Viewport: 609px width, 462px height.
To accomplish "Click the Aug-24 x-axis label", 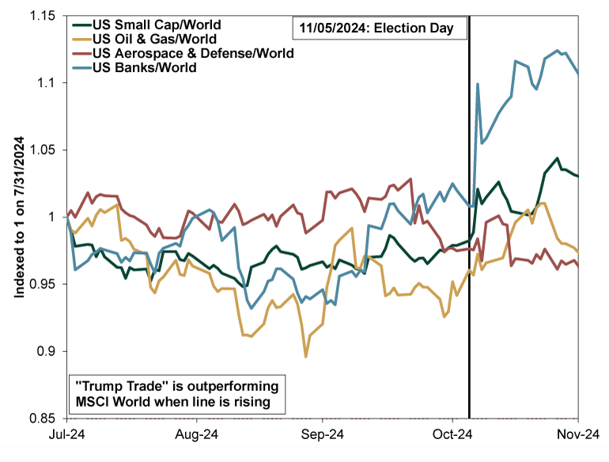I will pyautogui.click(x=195, y=434).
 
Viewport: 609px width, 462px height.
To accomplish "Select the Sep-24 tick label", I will pyautogui.click(x=323, y=434).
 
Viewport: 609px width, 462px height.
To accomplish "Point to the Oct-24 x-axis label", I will pyautogui.click(x=452, y=434).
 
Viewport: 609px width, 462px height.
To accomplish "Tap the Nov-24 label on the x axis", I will pyautogui.click(x=580, y=434).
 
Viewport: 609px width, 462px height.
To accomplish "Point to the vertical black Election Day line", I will pyautogui.click(x=469, y=237).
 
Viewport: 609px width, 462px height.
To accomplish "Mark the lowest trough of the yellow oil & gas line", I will pyautogui.click(x=306, y=357).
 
